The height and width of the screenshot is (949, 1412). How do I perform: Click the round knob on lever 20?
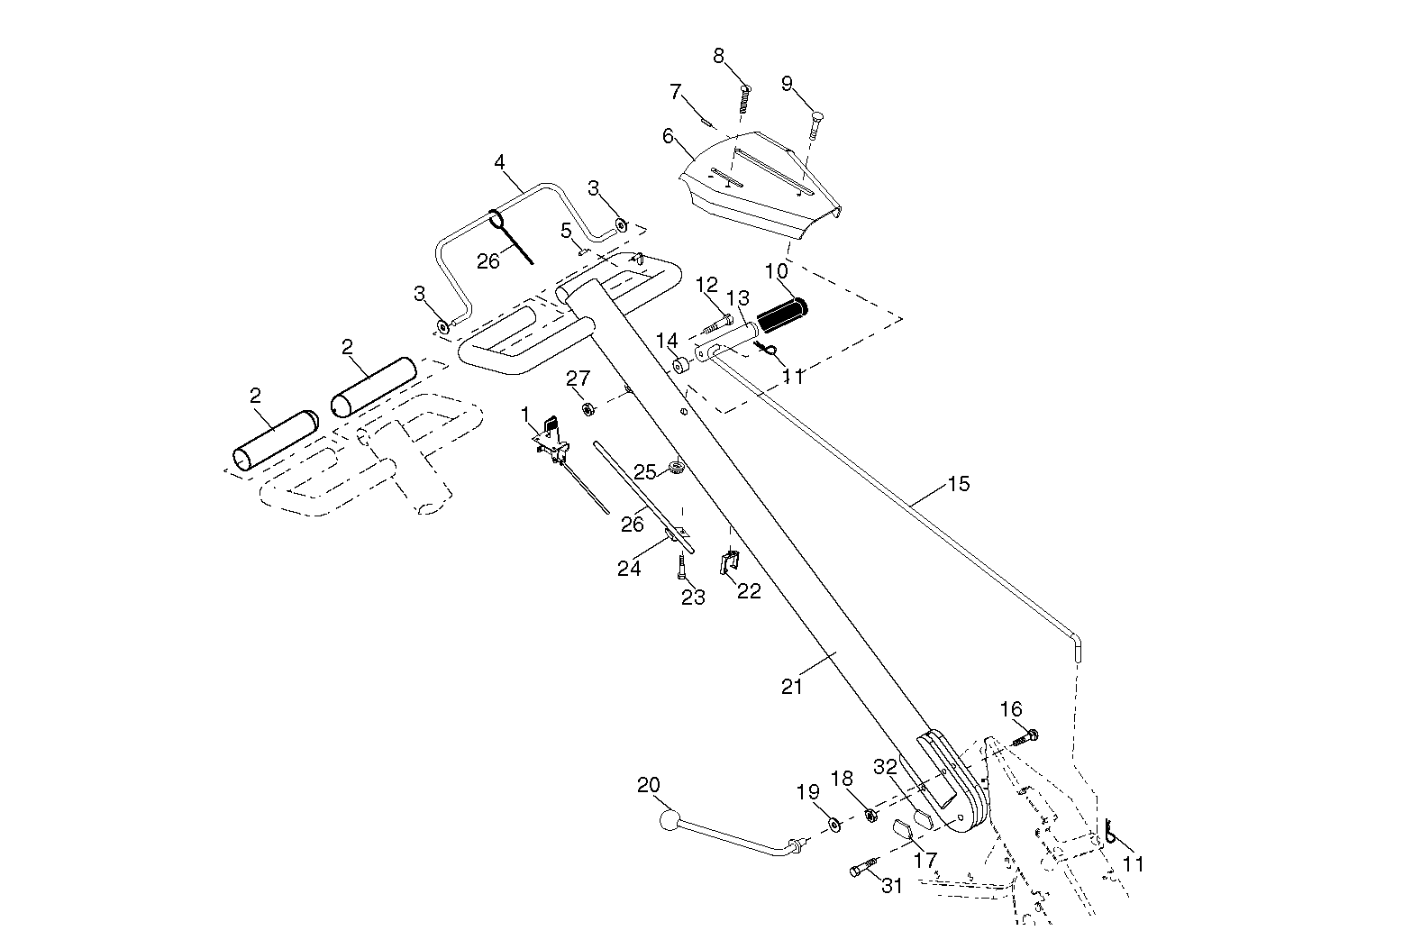(669, 820)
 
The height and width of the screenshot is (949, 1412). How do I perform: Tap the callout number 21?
(792, 687)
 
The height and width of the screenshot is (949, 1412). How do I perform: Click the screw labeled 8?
(744, 99)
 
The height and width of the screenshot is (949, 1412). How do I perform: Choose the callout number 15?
(959, 484)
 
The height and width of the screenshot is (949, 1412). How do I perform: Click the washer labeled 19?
(834, 824)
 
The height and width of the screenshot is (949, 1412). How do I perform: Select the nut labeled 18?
(871, 816)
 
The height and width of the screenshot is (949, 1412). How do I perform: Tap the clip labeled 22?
(729, 561)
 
